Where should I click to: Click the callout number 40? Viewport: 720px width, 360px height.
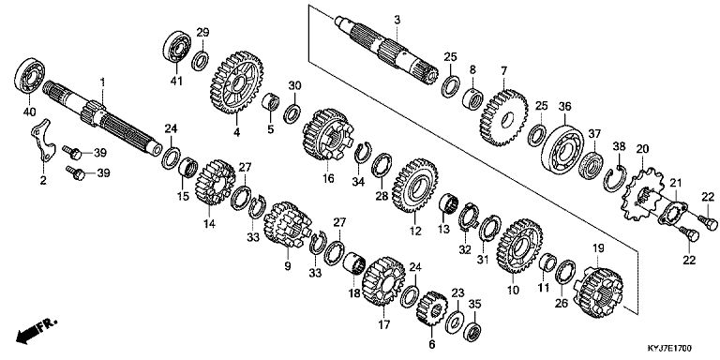pyautogui.click(x=29, y=112)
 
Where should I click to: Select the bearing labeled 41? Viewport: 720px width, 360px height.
pyautogui.click(x=177, y=46)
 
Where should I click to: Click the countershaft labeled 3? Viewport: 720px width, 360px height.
pyautogui.click(x=385, y=51)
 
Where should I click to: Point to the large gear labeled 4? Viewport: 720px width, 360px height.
pyautogui.click(x=236, y=82)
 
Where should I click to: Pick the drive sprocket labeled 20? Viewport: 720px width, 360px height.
pyautogui.click(x=643, y=195)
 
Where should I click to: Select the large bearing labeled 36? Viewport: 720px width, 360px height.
pyautogui.click(x=562, y=142)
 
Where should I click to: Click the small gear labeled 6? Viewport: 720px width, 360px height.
pyautogui.click(x=431, y=308)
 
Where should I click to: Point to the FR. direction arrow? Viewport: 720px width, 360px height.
pyautogui.click(x=36, y=330)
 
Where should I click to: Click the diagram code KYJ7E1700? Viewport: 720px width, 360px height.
pyautogui.click(x=669, y=349)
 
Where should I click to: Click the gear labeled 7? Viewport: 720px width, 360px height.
pyautogui.click(x=503, y=117)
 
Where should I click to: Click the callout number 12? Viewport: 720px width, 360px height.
pyautogui.click(x=415, y=231)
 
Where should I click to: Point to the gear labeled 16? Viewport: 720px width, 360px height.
pyautogui.click(x=327, y=134)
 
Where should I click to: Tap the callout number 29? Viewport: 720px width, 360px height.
pyautogui.click(x=202, y=32)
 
